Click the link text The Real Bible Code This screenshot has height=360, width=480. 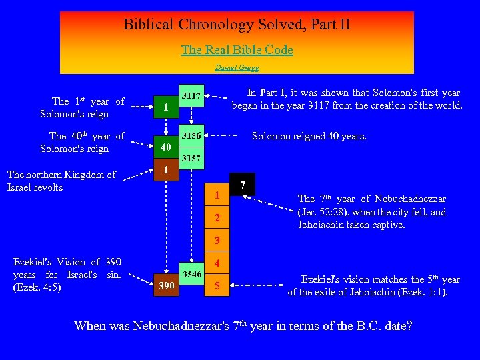237,50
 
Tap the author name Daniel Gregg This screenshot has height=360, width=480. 237,67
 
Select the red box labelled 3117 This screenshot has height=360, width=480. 193,95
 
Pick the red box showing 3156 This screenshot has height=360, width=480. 193,136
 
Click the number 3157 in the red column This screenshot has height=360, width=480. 193,159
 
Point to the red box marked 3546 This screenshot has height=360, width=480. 193,274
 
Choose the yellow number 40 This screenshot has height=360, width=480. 165,147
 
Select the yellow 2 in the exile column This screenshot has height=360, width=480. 217,219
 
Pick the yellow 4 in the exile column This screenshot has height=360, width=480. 217,263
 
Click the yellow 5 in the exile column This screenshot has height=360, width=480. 217,286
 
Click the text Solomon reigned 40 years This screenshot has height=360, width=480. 309,136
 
